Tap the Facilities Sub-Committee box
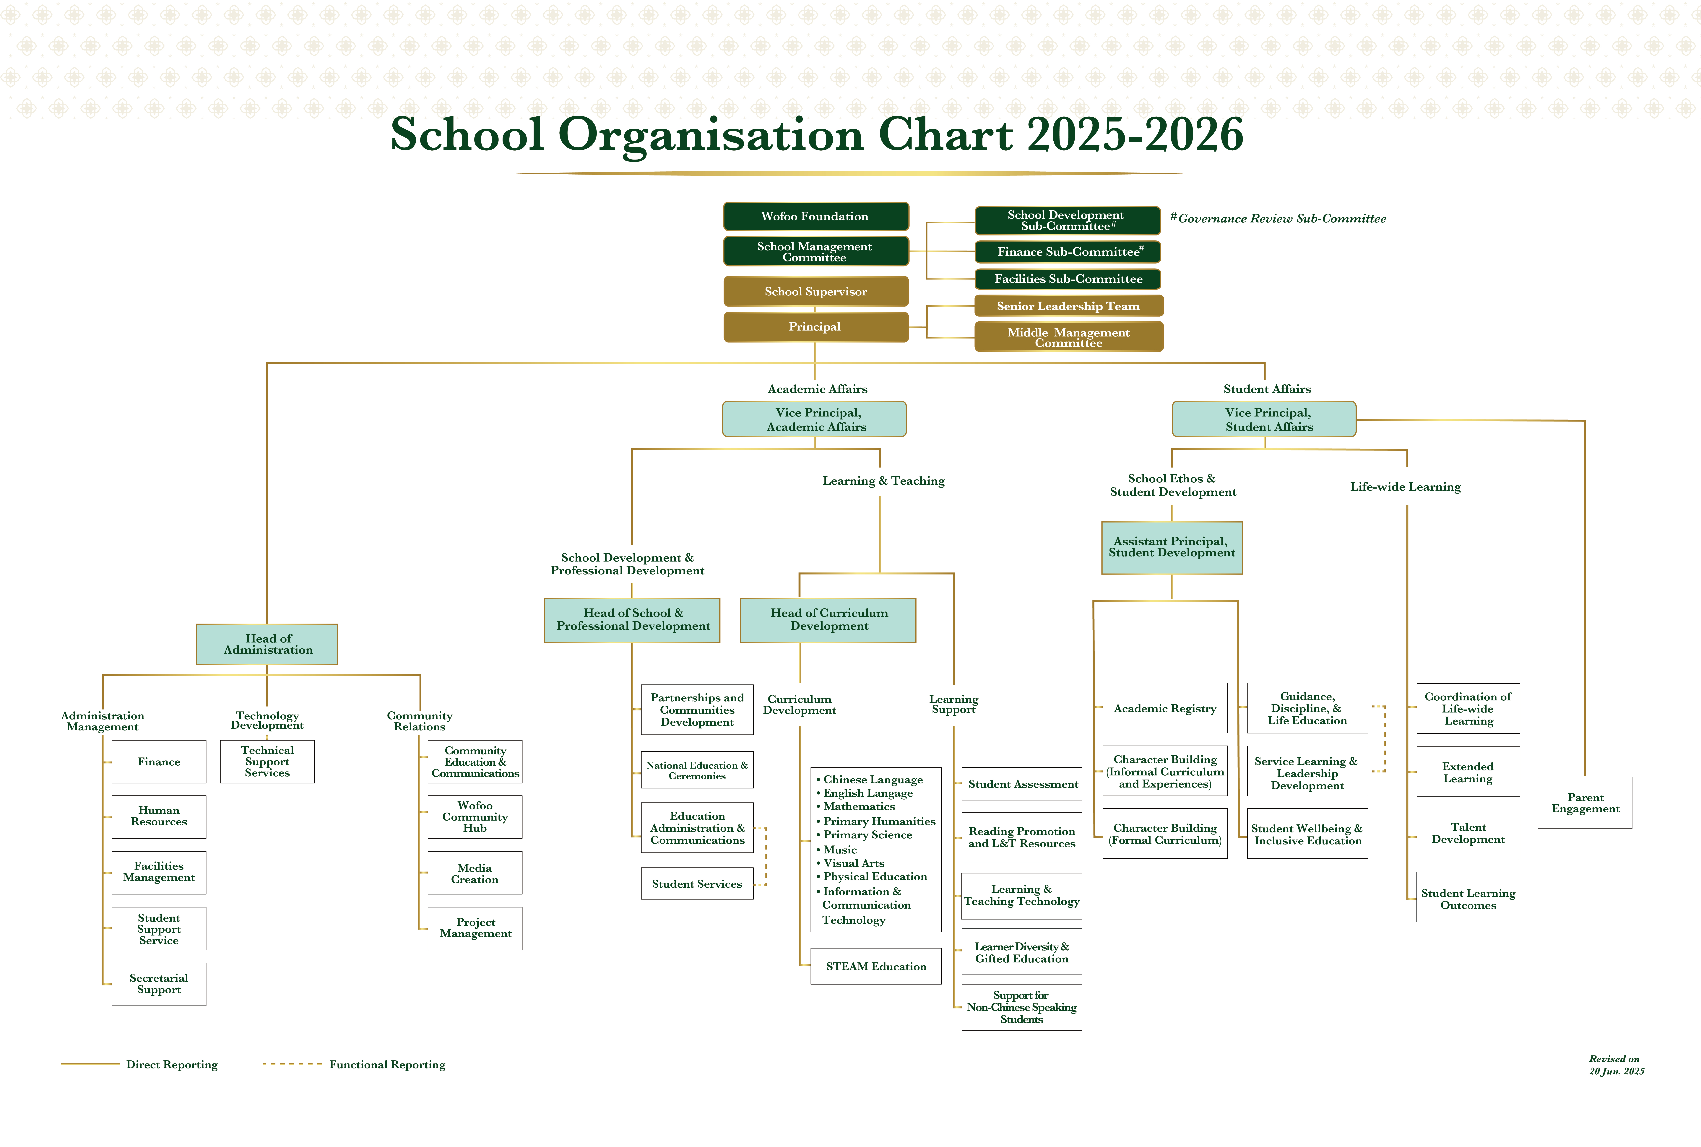1068,279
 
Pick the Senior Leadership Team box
1068,306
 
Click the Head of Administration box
267,644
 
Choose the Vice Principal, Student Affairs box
1263,419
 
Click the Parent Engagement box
1585,803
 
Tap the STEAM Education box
876,966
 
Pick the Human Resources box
159,816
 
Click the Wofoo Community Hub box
475,816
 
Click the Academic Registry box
1165,708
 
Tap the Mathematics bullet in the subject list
855,806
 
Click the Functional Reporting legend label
387,1064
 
